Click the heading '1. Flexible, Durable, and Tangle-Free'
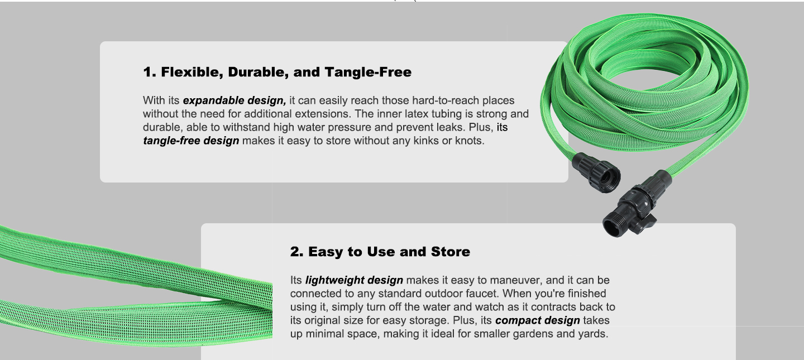(277, 72)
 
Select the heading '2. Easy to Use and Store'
(380, 252)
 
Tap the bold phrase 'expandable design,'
(234, 100)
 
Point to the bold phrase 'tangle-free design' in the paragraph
(191, 141)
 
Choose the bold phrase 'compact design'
(537, 320)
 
